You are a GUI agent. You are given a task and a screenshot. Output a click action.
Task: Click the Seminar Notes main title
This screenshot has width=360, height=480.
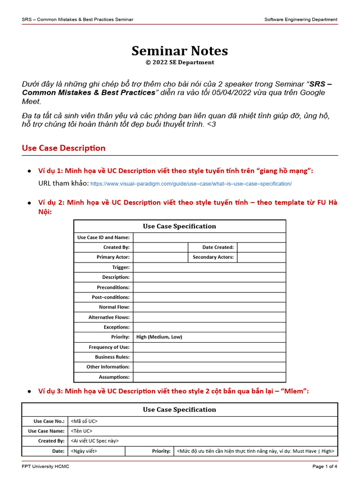click(x=180, y=51)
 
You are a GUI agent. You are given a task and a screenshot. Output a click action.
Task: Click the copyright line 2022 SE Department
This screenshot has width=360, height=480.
click(x=180, y=62)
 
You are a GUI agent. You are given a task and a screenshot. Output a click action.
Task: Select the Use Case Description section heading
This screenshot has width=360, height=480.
click(x=64, y=148)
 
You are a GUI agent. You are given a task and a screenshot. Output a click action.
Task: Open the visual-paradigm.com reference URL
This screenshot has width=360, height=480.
click(x=191, y=184)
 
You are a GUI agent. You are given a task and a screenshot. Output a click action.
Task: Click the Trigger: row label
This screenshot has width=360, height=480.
click(x=120, y=267)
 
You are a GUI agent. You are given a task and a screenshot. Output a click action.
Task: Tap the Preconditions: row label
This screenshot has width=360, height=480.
click(x=113, y=287)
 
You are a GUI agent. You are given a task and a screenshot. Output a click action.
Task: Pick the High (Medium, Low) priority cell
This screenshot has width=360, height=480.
click(x=159, y=337)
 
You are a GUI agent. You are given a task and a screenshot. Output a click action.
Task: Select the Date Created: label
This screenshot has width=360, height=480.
click(x=217, y=247)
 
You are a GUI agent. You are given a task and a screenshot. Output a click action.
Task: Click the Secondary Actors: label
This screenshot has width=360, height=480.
click(x=213, y=257)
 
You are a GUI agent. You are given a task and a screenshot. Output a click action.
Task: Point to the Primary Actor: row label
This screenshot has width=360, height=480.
click(x=113, y=257)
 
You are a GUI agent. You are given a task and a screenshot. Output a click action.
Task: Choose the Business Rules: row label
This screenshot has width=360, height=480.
click(x=112, y=357)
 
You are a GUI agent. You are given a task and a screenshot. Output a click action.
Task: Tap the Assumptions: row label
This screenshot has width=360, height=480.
click(x=114, y=377)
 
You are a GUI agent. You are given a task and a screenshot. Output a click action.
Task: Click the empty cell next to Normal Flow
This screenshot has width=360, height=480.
click(x=209, y=307)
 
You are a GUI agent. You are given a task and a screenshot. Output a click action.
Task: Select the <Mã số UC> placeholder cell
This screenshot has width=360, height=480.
click(x=84, y=421)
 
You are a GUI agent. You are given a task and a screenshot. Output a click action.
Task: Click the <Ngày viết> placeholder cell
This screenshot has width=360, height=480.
click(x=84, y=451)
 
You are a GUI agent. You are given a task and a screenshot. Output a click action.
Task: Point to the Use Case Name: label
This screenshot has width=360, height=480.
click(x=46, y=431)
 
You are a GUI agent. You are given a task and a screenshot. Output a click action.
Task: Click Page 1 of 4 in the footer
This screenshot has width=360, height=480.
click(x=324, y=466)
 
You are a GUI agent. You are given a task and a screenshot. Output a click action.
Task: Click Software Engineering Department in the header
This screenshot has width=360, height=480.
click(x=300, y=19)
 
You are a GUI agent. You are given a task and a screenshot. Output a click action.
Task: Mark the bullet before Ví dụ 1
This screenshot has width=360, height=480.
click(x=30, y=171)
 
